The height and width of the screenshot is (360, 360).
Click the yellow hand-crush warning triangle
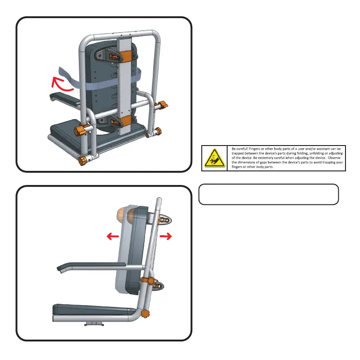pos(214,158)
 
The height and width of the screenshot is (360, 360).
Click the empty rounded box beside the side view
pos(268,195)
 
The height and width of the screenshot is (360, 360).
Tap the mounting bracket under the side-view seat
pos(94,324)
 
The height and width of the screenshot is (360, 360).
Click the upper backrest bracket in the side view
pos(165,220)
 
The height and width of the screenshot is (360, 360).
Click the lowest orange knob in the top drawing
pos(83,161)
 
